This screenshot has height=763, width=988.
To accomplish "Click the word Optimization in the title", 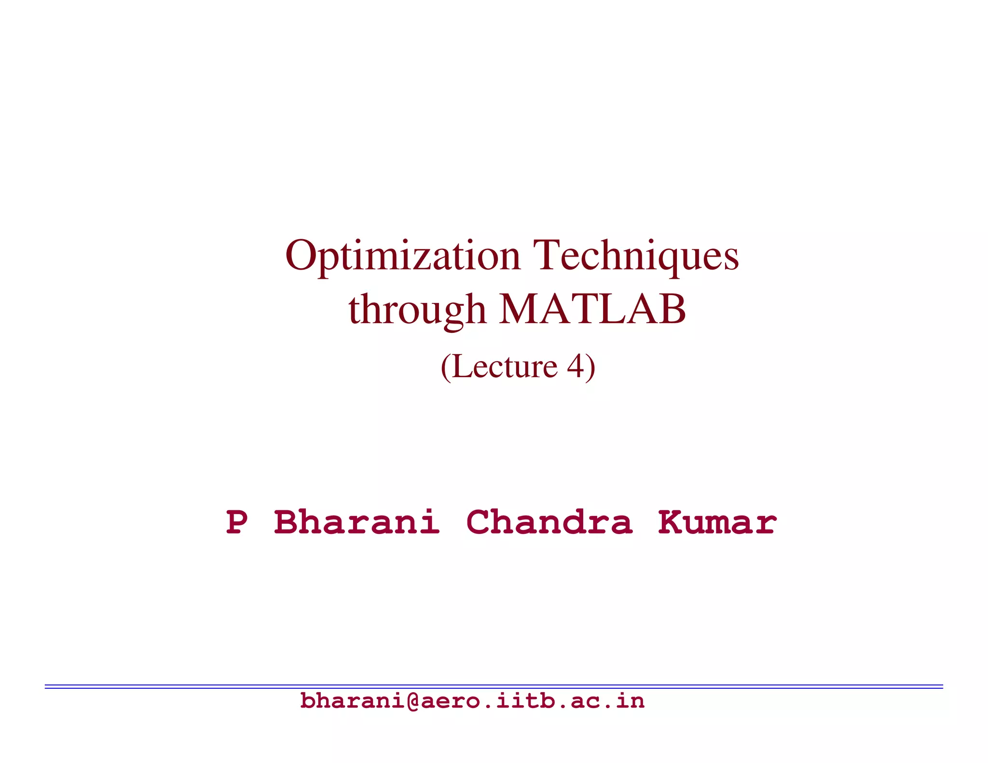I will tap(403, 256).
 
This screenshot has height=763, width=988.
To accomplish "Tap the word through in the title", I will tap(417, 310).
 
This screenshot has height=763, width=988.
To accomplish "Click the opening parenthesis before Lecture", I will tap(446, 368).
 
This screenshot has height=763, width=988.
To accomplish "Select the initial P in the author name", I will tap(237, 522).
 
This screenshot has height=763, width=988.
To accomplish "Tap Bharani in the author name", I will tap(357, 522).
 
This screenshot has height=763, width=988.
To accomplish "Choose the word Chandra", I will tap(549, 522).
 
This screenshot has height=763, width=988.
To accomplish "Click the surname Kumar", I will tap(717, 522).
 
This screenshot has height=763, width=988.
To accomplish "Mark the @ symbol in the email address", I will tap(413, 701).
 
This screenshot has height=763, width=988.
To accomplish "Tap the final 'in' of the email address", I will tap(631, 701).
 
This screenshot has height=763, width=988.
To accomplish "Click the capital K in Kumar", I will tap(672, 522).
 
